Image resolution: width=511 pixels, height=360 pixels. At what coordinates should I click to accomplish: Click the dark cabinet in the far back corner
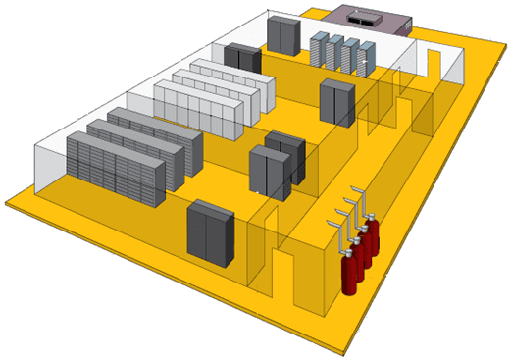click(283, 34)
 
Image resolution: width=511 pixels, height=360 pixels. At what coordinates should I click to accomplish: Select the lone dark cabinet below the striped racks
click(336, 100)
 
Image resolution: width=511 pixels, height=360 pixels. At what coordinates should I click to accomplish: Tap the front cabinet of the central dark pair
click(269, 171)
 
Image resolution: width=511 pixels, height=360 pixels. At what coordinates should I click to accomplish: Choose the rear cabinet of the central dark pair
click(286, 156)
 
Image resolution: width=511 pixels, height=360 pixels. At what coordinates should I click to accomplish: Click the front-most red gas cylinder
click(349, 271)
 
